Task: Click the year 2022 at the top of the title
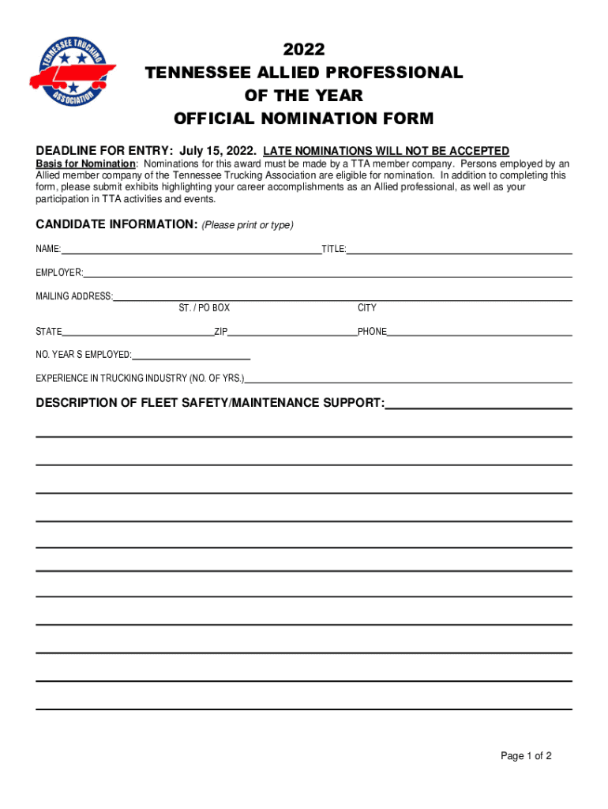[304, 50]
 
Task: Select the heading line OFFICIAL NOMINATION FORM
[304, 119]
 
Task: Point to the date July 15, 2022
[218, 151]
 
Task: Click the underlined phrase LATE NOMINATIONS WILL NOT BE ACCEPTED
[386, 151]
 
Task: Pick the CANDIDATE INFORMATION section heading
[116, 224]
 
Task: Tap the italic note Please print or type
[248, 225]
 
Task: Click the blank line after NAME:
[191, 251]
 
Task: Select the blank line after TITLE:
[460, 251]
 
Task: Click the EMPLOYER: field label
[59, 273]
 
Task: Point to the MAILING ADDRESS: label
[74, 296]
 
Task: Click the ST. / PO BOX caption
[205, 308]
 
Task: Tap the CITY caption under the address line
[367, 308]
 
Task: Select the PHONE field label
[372, 332]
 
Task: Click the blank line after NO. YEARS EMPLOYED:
[191, 357]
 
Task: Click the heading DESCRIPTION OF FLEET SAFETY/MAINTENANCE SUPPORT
[210, 403]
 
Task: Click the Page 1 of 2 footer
[526, 756]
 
